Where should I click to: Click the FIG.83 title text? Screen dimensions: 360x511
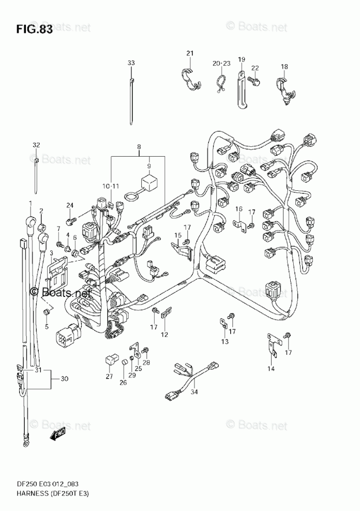tap(34, 29)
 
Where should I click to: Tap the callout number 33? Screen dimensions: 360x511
tap(131, 63)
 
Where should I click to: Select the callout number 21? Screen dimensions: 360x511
tap(190, 53)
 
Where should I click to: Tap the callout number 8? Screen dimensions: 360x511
tap(140, 147)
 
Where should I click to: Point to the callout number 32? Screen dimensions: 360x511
tap(36, 145)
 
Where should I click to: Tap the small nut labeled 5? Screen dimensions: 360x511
tap(47, 311)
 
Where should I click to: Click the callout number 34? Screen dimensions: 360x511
tap(194, 392)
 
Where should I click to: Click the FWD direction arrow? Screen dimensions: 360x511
tap(57, 434)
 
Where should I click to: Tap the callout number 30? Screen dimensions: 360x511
tap(65, 379)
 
